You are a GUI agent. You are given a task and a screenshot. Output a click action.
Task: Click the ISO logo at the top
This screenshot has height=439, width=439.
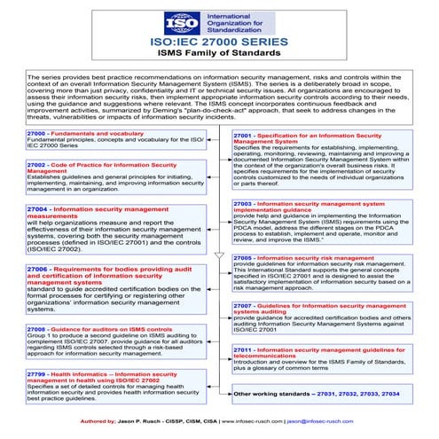click(177, 21)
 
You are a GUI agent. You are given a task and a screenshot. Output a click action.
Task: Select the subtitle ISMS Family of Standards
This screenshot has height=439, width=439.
click(219, 57)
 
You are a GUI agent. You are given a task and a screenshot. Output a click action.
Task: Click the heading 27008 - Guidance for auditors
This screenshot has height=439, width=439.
click(94, 328)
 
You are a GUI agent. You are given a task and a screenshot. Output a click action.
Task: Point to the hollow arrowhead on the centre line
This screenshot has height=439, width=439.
click(219, 255)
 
